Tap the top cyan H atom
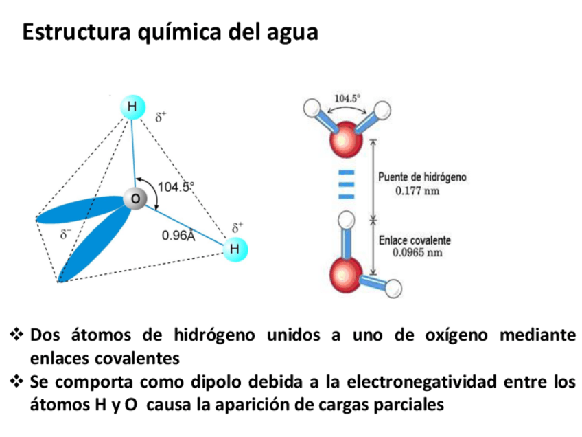coord(132,107)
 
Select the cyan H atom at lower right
coord(235,249)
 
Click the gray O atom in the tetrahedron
coord(135,199)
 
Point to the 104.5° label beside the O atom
coord(176,186)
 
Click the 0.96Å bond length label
coord(178,236)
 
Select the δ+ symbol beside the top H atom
coord(161,117)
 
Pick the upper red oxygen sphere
coord(347,141)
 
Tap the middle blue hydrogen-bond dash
coord(347,184)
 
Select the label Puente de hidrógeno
coord(422,177)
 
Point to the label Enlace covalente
coord(415,240)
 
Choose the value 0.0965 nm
coord(416,253)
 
